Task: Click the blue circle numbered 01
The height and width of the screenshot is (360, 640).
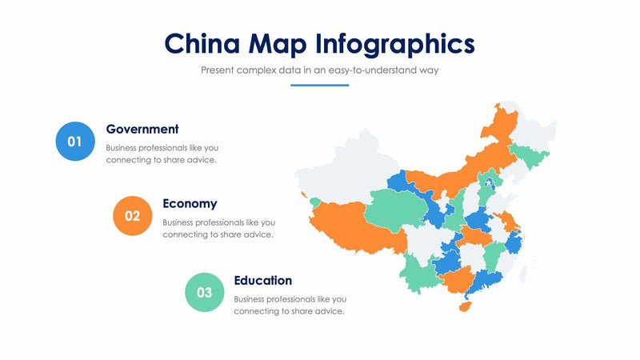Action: tap(74, 142)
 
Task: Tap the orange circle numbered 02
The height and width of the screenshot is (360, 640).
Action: tap(133, 215)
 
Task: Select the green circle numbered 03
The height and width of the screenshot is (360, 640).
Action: tap(204, 292)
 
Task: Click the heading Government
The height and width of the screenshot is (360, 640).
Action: tap(142, 129)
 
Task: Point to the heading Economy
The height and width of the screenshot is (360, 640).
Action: tap(190, 203)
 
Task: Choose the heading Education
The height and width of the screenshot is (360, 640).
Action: tap(262, 280)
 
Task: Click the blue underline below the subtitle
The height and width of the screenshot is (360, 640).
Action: tap(319, 85)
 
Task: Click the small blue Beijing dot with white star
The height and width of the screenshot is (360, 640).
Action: tap(490, 186)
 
